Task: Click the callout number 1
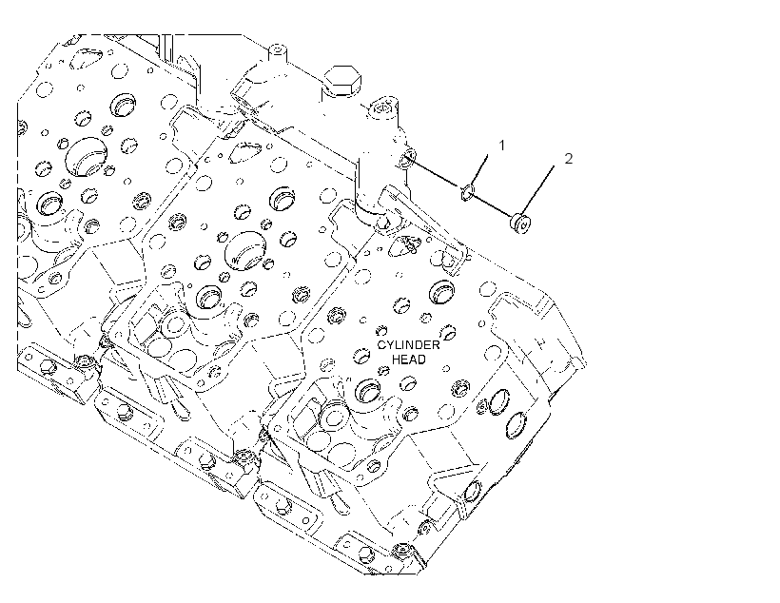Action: click(x=502, y=146)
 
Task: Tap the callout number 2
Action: click(x=569, y=158)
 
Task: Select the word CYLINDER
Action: click(x=408, y=345)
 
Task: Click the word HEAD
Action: click(x=409, y=360)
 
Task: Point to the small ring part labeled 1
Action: click(x=468, y=192)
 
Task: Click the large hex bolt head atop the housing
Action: click(x=342, y=80)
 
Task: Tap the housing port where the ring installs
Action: click(x=407, y=158)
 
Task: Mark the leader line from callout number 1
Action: click(x=478, y=170)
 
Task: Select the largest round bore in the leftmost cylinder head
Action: click(x=87, y=157)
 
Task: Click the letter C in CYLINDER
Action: click(x=381, y=345)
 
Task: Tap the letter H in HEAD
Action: click(x=397, y=360)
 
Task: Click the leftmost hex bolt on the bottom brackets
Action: click(x=48, y=368)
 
